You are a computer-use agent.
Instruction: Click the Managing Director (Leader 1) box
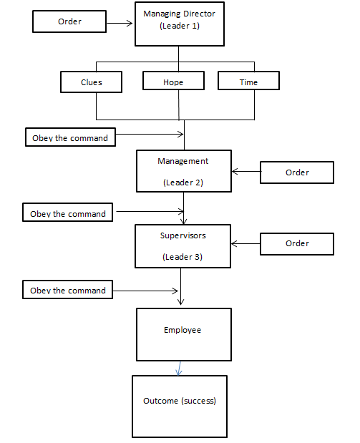[x=180, y=24]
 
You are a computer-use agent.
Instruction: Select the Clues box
[x=91, y=82]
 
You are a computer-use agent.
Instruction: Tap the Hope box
[x=173, y=81]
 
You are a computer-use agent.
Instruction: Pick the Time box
[x=248, y=81]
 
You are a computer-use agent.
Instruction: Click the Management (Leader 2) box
[x=184, y=171]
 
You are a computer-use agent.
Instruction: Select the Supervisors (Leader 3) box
[x=183, y=246]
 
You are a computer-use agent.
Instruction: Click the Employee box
[x=184, y=334]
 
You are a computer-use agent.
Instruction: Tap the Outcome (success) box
[x=180, y=407]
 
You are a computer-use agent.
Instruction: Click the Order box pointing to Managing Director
[x=69, y=21]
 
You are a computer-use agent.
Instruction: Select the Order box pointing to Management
[x=297, y=172]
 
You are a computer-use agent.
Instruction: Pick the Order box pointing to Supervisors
[x=297, y=244]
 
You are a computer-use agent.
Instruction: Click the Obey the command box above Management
[x=70, y=137]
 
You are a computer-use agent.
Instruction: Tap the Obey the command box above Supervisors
[x=67, y=212]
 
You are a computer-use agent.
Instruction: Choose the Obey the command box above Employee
[x=67, y=290]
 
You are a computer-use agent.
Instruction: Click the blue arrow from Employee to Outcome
[x=179, y=369]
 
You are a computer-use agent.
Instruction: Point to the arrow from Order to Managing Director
[x=120, y=23]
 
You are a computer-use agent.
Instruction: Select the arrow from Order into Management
[x=246, y=171]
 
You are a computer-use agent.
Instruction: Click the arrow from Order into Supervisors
[x=245, y=243]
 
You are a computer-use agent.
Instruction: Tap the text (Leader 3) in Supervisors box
[x=183, y=257]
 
